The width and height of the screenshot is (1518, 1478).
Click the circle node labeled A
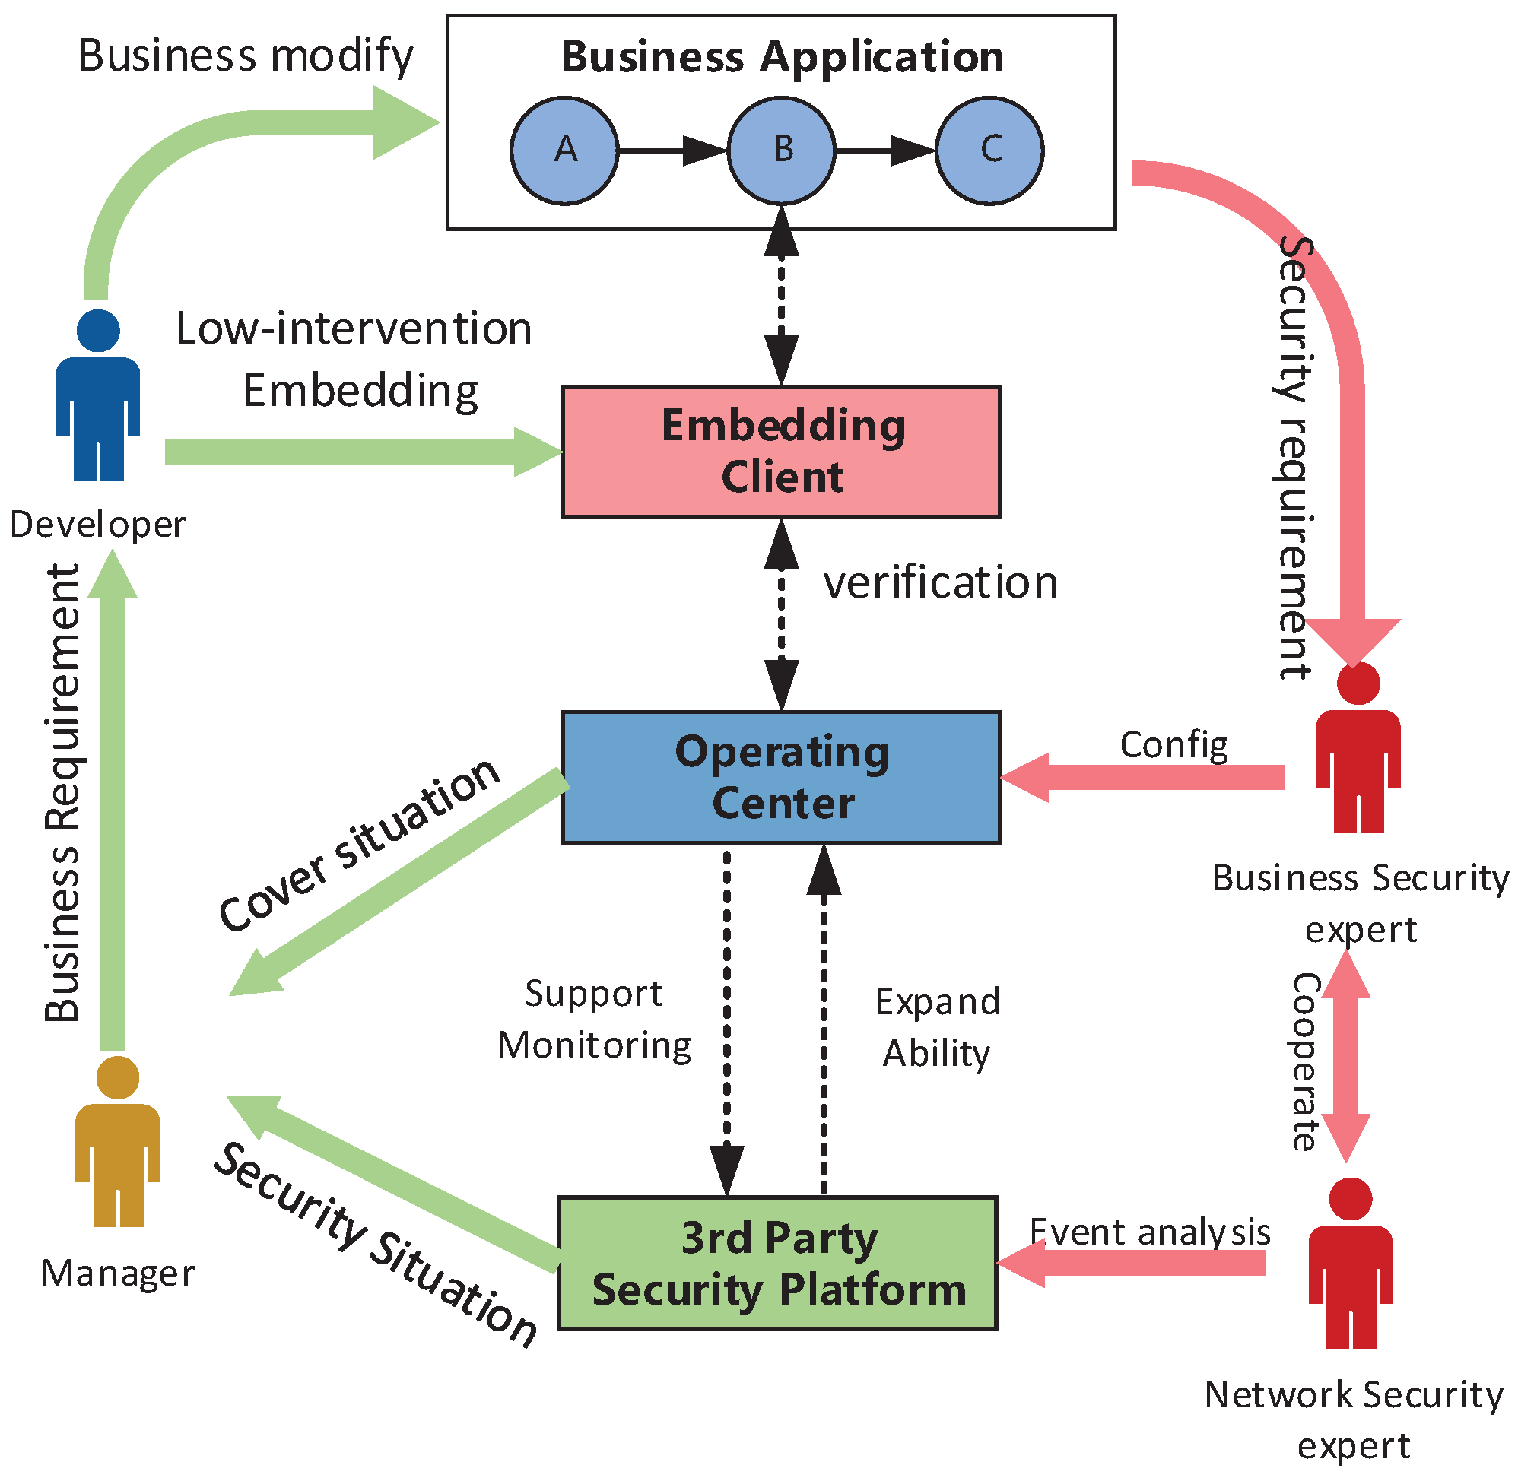pos(564,150)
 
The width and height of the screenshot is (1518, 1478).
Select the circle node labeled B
pos(781,150)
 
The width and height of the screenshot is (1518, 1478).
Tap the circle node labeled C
pos(989,150)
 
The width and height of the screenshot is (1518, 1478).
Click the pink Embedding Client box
pos(780,451)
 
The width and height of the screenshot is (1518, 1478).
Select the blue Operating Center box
pos(780,777)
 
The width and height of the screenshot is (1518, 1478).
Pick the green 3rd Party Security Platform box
pos(777,1263)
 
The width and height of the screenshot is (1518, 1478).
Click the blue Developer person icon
pos(98,396)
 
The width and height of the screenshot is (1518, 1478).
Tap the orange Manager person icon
pos(117,1142)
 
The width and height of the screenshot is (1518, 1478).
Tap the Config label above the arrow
pos(1173,744)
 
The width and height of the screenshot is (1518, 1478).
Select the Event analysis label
pos(1149,1232)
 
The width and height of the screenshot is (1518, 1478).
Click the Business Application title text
pos(782,57)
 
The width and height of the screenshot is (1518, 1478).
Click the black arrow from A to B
pos(671,150)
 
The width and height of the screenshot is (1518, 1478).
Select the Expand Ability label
pos(936,1028)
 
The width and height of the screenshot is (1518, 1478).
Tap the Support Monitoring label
pos(594,1020)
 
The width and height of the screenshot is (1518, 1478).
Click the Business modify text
pos(246,56)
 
